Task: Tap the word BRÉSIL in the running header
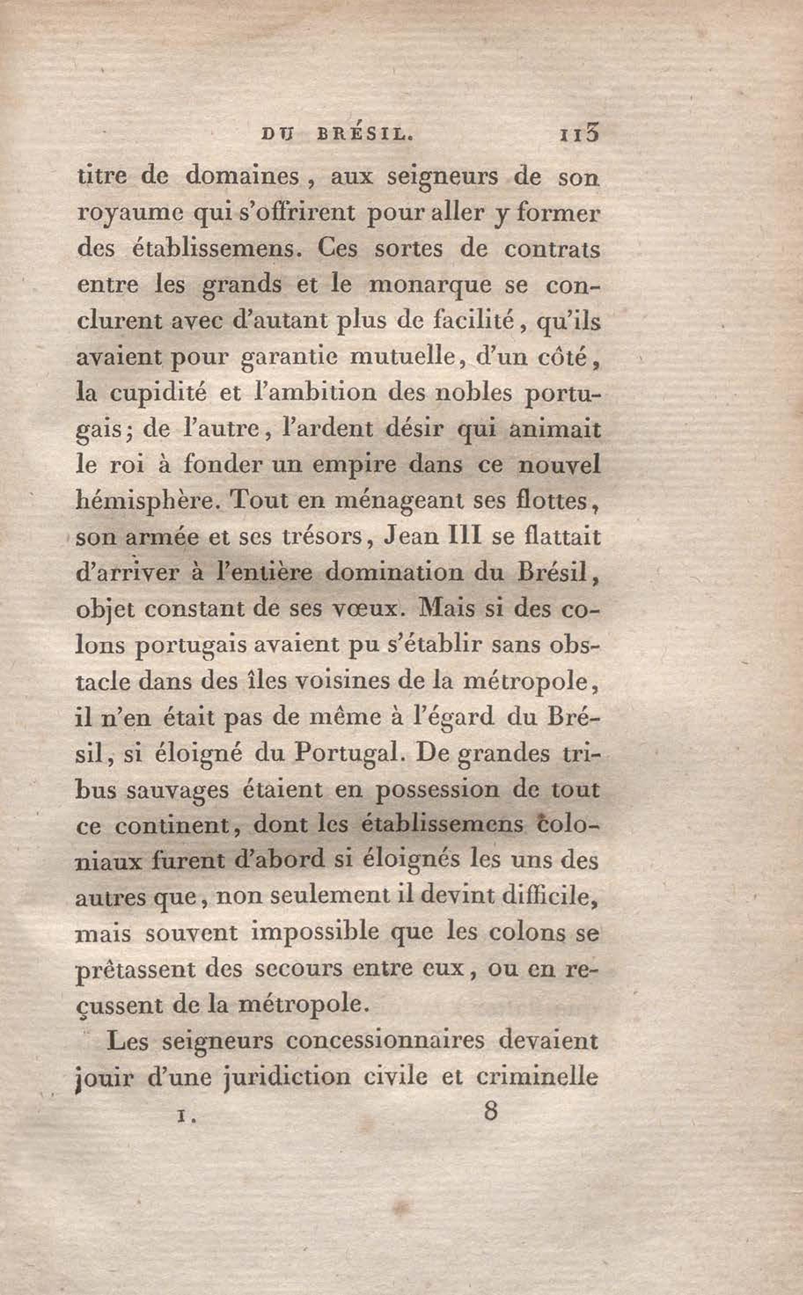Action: pyautogui.click(x=364, y=135)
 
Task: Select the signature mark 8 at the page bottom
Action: pyautogui.click(x=490, y=1111)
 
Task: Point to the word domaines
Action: pyautogui.click(x=243, y=177)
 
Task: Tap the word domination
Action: pyautogui.click(x=403, y=573)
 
